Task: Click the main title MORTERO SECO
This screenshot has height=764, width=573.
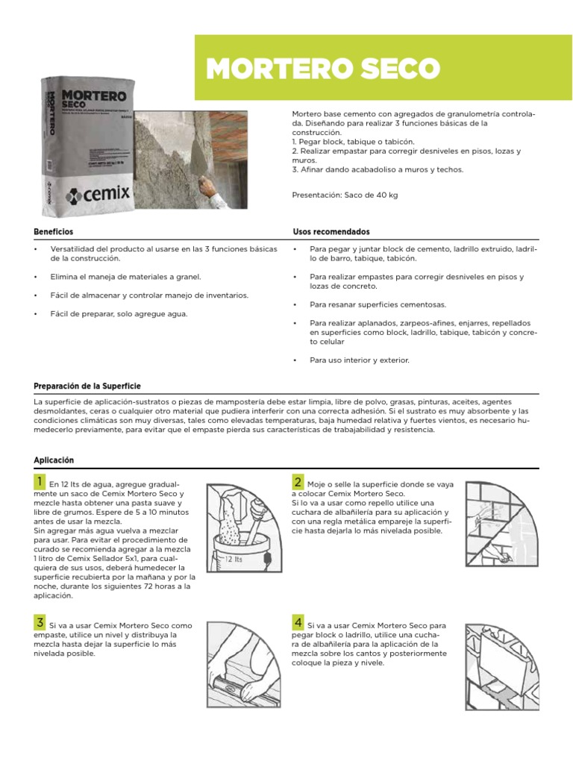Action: (322, 69)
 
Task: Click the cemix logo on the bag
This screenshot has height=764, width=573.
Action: (98, 195)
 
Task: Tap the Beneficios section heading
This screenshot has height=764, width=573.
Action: (54, 232)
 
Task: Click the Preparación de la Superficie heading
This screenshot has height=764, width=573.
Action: (87, 386)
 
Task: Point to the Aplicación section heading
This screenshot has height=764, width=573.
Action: (54, 460)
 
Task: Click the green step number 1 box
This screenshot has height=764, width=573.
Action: (39, 482)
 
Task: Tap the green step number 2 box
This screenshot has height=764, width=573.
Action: (298, 482)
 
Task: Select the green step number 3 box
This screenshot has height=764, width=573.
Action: (39, 622)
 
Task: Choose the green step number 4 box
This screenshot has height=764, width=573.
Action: (298, 622)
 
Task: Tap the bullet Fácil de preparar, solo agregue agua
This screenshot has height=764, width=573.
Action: (119, 313)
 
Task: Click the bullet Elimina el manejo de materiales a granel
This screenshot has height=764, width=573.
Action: (125, 276)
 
